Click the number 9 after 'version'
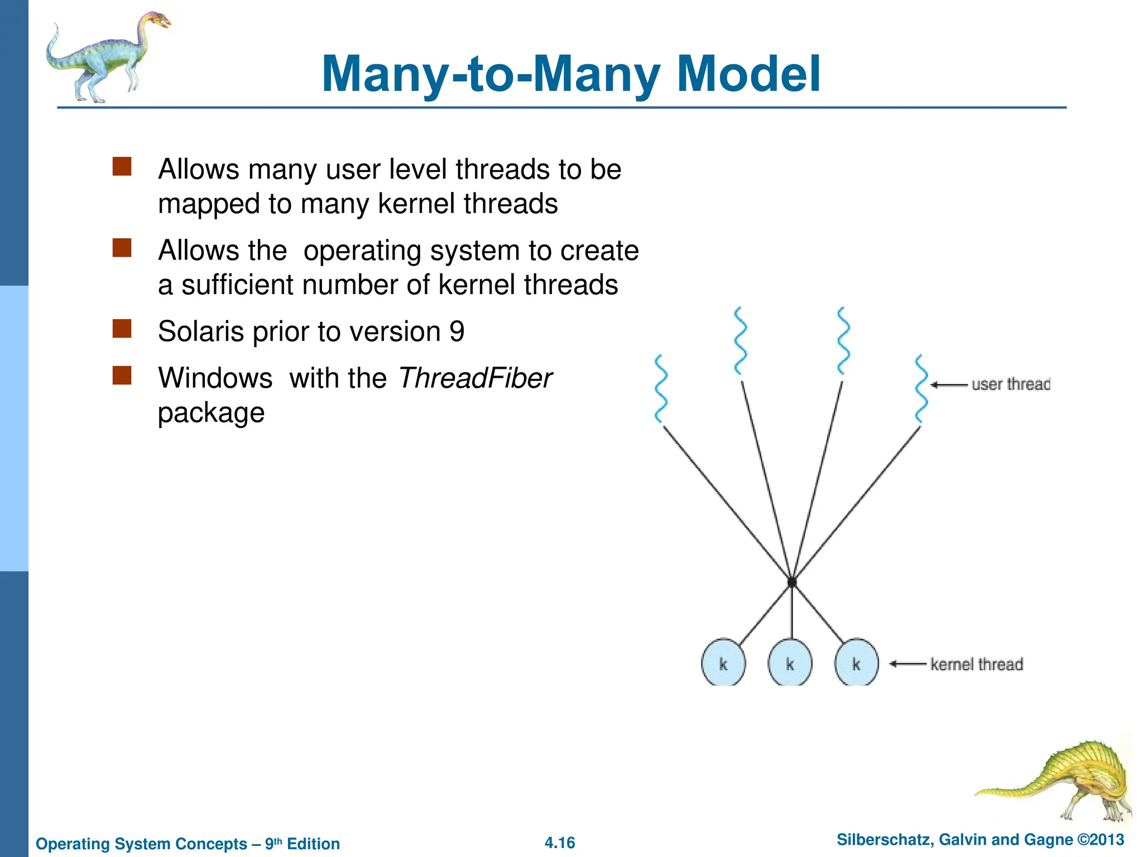[457, 331]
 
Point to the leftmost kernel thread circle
[723, 663]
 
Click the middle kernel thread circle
[790, 663]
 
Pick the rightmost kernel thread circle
[856, 663]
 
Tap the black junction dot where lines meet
[791, 582]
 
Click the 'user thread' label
[1010, 384]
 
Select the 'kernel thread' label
[976, 664]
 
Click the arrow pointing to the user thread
[948, 384]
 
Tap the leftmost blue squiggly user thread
[661, 389]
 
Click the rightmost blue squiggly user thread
[921, 389]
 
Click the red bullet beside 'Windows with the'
[122, 375]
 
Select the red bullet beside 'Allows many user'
[122, 166]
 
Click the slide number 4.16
[560, 842]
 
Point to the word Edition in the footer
[313, 844]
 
